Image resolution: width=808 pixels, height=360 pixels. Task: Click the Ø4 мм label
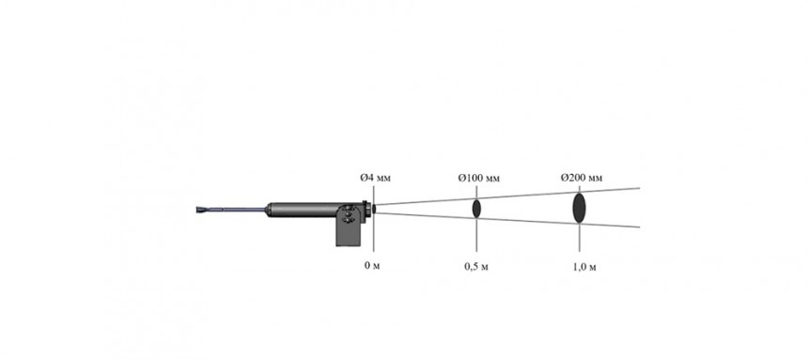[375, 178]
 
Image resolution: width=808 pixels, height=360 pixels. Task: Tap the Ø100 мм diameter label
[479, 179]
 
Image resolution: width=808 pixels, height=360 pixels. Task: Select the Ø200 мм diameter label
[582, 178]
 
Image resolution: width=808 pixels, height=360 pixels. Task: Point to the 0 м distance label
[372, 266]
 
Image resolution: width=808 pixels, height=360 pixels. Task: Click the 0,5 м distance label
[476, 267]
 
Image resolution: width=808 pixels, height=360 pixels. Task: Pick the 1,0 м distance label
[584, 267]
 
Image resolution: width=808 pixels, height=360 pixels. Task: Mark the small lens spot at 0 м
[374, 209]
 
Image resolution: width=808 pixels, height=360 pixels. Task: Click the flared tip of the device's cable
[202, 210]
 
